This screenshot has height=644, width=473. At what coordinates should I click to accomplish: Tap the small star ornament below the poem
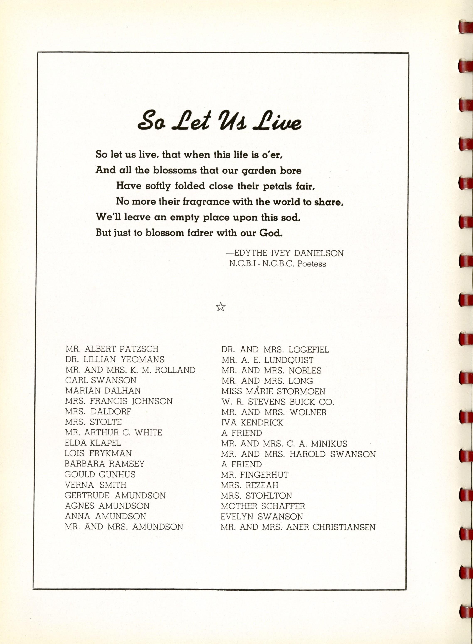220,307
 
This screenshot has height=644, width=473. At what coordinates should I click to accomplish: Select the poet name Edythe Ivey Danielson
289,253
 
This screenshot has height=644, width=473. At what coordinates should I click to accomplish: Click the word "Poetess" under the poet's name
312,264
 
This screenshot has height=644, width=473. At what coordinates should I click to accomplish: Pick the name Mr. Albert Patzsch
112,349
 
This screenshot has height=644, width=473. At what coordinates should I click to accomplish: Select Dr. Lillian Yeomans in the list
115,359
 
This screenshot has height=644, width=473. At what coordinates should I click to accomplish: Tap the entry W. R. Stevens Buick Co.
278,402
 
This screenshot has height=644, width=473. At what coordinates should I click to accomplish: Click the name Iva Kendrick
252,423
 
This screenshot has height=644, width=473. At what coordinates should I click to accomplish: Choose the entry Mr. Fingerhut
254,475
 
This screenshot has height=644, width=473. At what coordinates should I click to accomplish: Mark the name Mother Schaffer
263,506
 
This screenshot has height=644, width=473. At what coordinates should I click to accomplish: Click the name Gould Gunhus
100,475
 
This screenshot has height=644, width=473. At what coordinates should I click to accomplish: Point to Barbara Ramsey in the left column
104,464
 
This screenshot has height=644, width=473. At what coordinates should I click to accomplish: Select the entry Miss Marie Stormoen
273,392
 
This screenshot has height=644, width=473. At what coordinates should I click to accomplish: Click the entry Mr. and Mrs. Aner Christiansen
298,527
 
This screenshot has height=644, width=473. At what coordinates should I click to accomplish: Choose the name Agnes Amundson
107,506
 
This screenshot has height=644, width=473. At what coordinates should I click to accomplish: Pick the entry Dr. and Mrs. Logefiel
275,350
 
